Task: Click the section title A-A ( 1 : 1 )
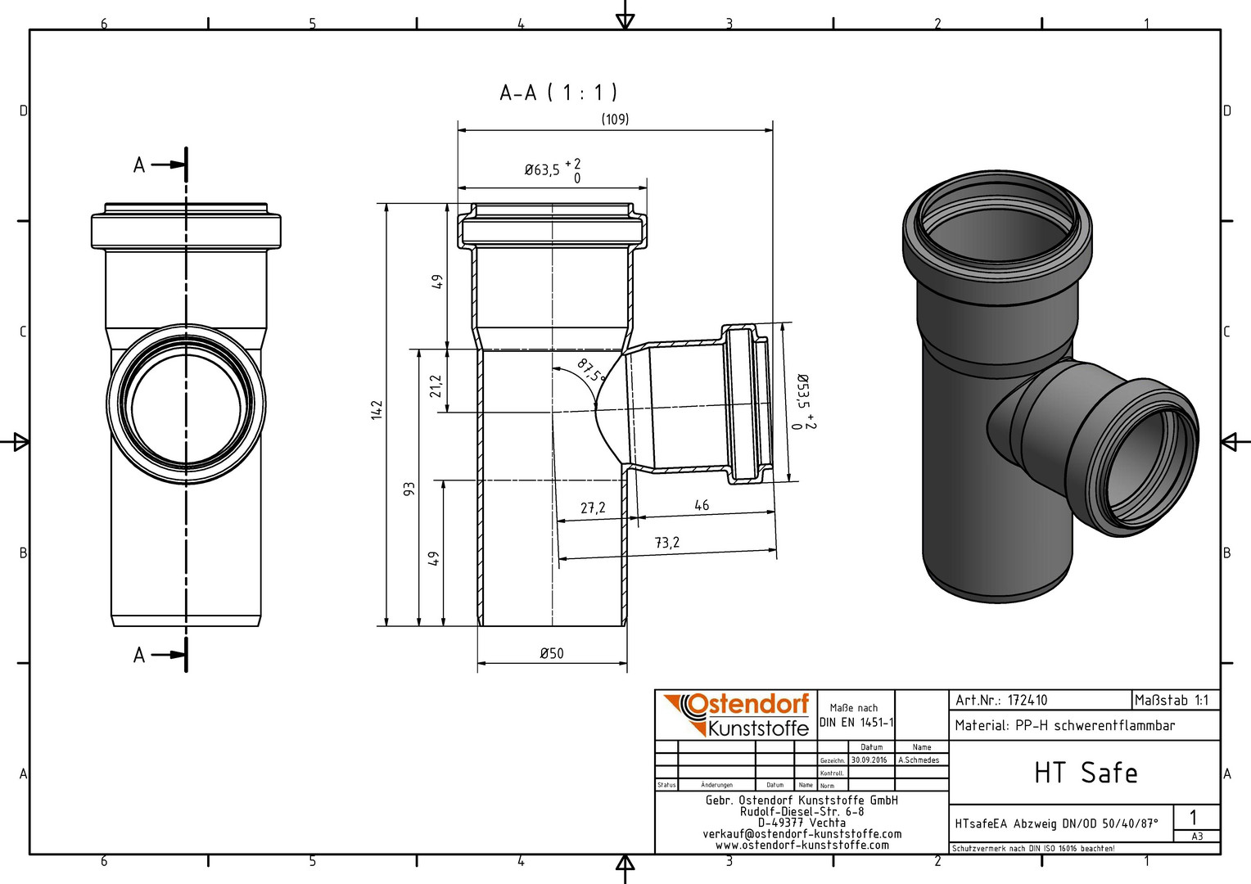tap(558, 92)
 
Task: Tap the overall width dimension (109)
tap(615, 119)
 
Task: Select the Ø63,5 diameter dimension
tap(553, 169)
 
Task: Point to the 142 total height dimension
tap(377, 410)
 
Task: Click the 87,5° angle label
tap(591, 370)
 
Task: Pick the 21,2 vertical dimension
tap(436, 386)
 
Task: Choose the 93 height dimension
tap(409, 489)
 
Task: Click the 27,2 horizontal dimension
tap(593, 508)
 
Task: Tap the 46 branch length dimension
tap(702, 505)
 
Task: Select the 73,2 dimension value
tap(666, 542)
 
